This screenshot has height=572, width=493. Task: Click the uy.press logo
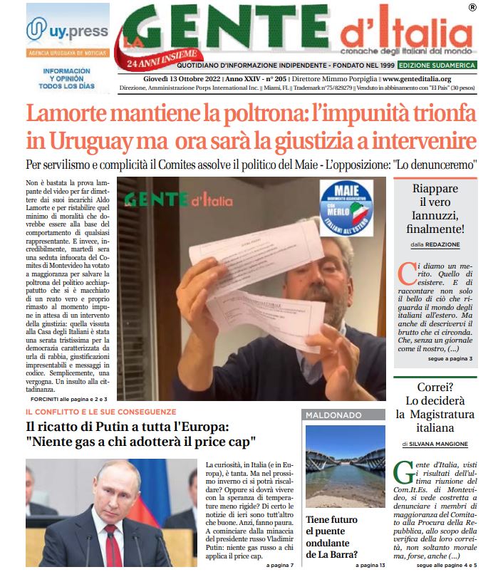(67, 31)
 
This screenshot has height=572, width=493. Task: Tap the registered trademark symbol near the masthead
(472, 8)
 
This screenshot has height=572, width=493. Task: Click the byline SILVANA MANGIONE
(438, 444)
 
